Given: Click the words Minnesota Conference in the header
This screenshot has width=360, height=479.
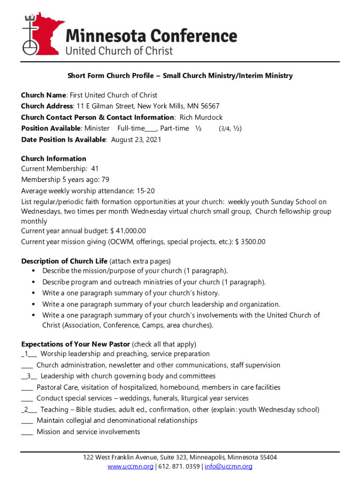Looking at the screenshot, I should [x=151, y=36].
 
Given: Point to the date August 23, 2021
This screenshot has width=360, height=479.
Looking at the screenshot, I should [x=136, y=139].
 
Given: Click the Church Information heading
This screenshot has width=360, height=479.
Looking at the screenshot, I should [x=54, y=159].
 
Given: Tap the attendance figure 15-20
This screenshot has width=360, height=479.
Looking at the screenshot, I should [x=145, y=191].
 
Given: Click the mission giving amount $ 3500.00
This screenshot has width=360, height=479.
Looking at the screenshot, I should [x=250, y=242].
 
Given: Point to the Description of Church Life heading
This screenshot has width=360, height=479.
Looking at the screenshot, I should [x=65, y=261].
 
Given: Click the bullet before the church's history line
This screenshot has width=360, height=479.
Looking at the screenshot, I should [x=35, y=293].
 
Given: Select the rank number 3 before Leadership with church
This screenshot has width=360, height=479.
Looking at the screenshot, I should [x=29, y=376].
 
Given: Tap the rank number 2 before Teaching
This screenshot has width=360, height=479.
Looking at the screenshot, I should [x=27, y=410].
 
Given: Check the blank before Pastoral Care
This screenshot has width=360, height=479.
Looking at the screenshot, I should [x=27, y=388].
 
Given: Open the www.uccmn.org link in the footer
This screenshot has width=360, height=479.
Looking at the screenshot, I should [x=130, y=467].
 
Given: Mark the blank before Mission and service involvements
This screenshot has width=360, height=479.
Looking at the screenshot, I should [x=27, y=433].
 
